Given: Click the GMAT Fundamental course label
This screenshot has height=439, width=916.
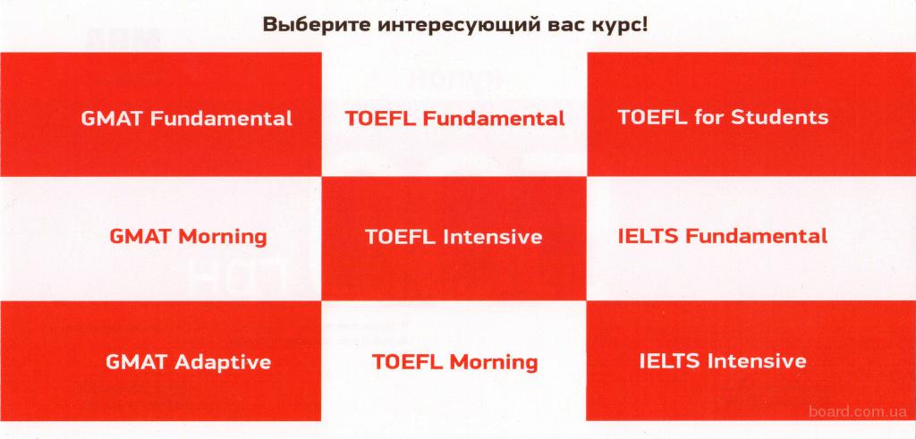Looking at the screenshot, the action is [186, 119].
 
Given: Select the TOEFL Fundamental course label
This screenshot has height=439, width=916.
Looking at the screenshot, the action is [454, 119].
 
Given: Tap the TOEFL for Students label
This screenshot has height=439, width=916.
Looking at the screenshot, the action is [723, 117].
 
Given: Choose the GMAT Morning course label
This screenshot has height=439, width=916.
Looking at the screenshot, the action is [188, 236].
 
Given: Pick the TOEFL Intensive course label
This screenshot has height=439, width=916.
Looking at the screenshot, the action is [454, 236].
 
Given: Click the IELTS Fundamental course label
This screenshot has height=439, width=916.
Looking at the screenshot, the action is [723, 236].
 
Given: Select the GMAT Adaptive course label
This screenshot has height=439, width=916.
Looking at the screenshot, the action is [188, 362].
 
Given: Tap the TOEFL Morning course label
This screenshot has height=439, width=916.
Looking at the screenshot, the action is [454, 362].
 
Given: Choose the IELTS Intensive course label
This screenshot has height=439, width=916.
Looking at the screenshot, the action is [723, 361].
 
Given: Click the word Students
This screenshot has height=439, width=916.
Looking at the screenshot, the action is [779, 117].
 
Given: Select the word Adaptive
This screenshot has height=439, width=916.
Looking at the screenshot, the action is [223, 362].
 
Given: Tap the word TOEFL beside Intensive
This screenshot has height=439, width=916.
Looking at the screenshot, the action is [401, 236].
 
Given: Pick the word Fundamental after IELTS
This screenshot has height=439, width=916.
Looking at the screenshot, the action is [756, 236].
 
